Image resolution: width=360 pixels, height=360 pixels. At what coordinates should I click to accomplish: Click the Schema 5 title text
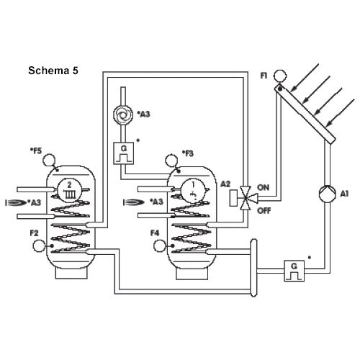click(53, 71)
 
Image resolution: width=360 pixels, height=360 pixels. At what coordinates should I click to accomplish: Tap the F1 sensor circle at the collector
click(280, 76)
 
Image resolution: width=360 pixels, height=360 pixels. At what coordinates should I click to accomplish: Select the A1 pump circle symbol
click(328, 194)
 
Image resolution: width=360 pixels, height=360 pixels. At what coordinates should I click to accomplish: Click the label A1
click(344, 194)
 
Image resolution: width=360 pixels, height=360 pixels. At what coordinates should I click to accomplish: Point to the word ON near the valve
click(264, 187)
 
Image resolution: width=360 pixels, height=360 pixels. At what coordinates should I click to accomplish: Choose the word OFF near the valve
click(264, 211)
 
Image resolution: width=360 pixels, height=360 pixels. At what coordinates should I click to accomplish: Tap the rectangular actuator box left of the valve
click(234, 198)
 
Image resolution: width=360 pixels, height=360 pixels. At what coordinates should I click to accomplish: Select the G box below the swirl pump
click(124, 153)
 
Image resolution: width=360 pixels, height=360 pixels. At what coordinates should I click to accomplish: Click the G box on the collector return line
click(294, 271)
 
